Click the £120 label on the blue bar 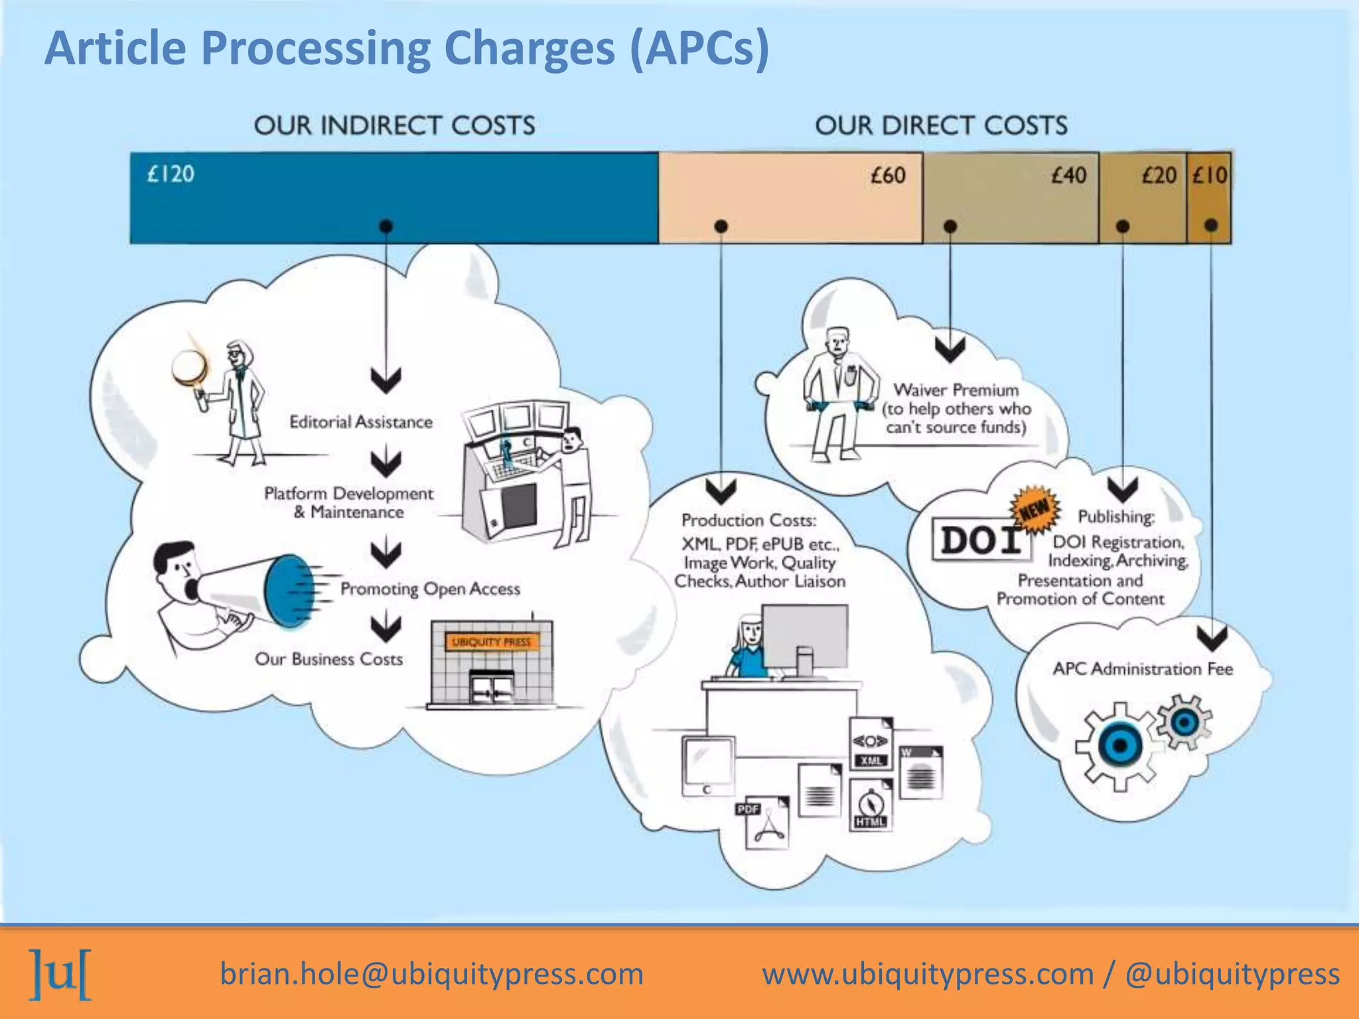coord(171,174)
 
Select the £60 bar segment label coord(888,176)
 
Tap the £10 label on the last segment coord(1210,176)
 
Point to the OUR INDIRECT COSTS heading coord(394,125)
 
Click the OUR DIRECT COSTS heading coord(941,125)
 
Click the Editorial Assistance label coord(360,422)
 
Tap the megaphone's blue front coord(287,590)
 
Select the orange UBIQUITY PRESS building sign coord(492,642)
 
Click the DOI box coord(980,541)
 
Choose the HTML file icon coord(871,804)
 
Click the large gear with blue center coord(1119,746)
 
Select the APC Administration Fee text coord(1142,669)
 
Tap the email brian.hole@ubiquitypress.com coord(431,974)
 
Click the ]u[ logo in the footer coord(61,975)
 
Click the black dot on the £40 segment coord(950,226)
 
